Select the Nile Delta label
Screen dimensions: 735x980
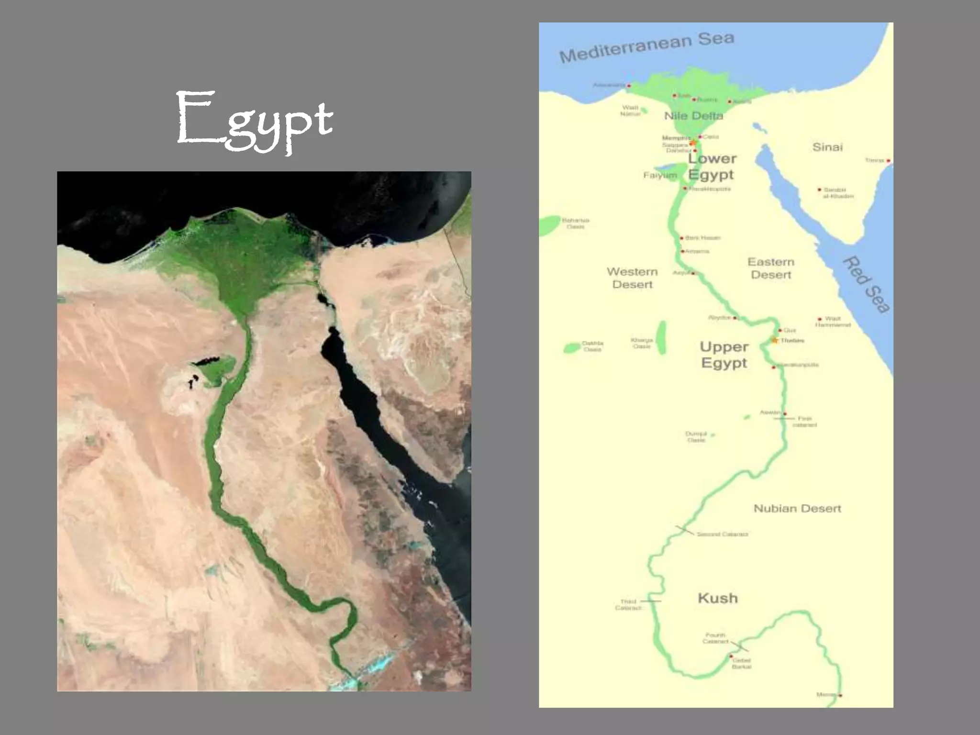pyautogui.click(x=693, y=116)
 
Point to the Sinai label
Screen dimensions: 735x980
pyautogui.click(x=827, y=147)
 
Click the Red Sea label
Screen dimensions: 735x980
pyautogui.click(x=867, y=284)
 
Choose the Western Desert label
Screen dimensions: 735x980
pyautogui.click(x=632, y=278)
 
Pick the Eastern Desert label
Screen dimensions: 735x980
pyautogui.click(x=771, y=268)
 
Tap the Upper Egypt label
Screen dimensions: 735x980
pyautogui.click(x=724, y=355)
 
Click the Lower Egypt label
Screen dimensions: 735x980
pyautogui.click(x=712, y=166)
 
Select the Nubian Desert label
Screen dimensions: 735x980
pyautogui.click(x=797, y=508)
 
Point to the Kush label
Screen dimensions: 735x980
pyautogui.click(x=717, y=598)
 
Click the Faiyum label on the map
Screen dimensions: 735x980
pyautogui.click(x=659, y=176)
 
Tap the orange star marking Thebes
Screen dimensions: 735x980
pyautogui.click(x=775, y=340)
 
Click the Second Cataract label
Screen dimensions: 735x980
pyautogui.click(x=722, y=534)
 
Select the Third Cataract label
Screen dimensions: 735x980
pyautogui.click(x=628, y=604)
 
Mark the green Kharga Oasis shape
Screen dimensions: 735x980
pyautogui.click(x=662, y=337)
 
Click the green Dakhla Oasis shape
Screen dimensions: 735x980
pyautogui.click(x=572, y=347)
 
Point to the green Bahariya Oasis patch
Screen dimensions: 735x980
pyautogui.click(x=550, y=225)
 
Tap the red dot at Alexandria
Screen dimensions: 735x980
pyautogui.click(x=629, y=86)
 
